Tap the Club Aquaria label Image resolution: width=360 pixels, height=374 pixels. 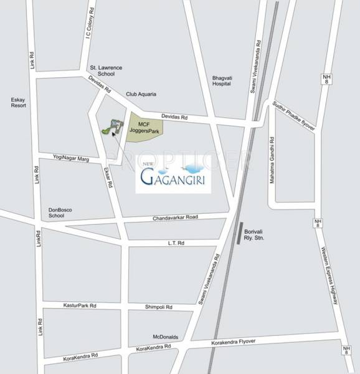(141, 94)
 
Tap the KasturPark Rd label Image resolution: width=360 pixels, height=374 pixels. (80, 305)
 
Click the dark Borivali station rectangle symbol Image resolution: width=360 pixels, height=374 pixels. (239, 235)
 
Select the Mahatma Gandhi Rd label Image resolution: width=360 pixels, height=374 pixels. (271, 160)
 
